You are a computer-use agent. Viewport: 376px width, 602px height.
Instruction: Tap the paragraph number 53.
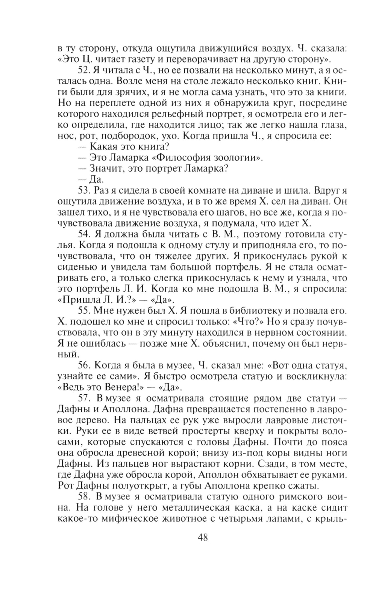point(83,190)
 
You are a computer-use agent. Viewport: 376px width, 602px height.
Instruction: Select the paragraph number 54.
point(83,234)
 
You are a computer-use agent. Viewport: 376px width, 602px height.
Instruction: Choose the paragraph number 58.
point(83,497)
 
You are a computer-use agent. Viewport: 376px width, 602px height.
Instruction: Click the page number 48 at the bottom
point(203,537)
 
